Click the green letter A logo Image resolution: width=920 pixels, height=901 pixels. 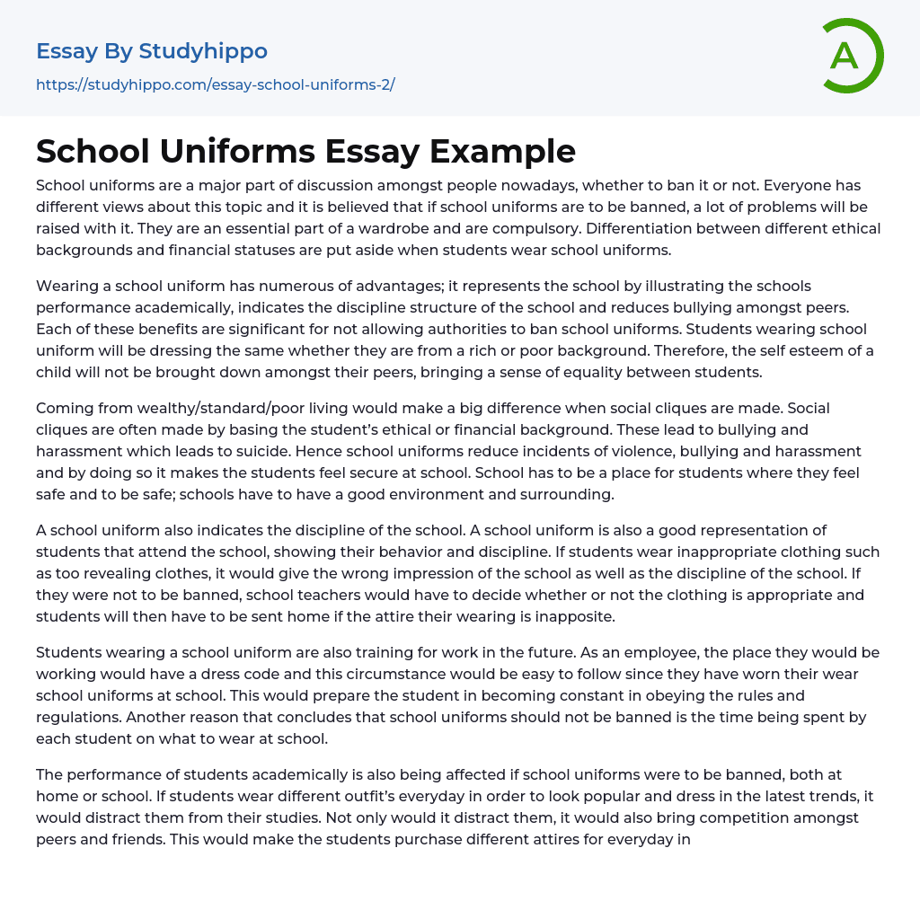tap(852, 56)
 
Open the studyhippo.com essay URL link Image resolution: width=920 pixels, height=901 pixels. tap(216, 84)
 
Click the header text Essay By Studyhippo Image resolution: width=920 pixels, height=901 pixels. tap(152, 51)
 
